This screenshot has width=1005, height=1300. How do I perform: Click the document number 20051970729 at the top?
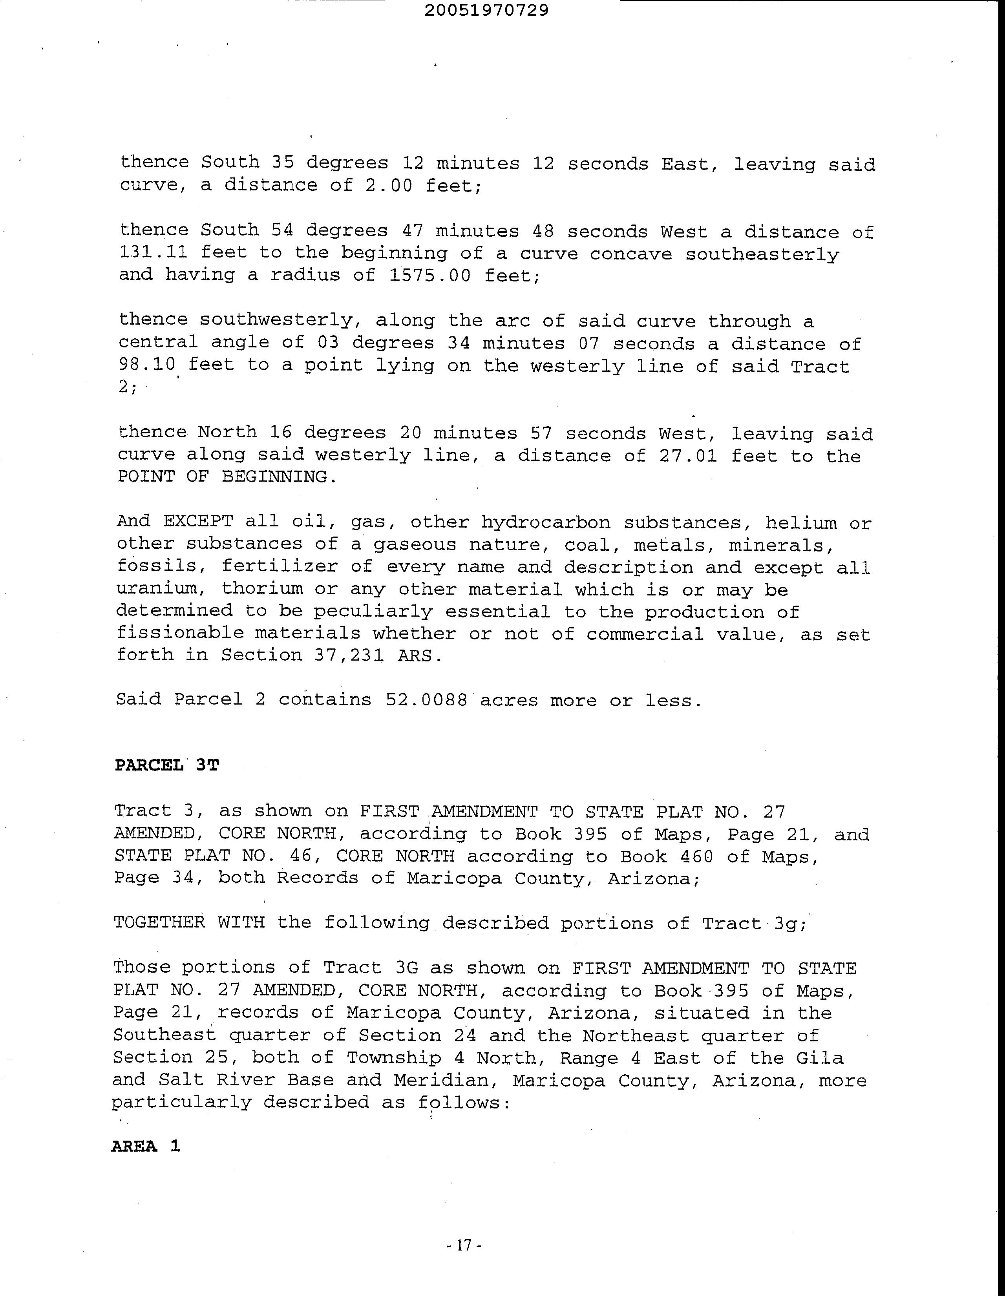(x=486, y=10)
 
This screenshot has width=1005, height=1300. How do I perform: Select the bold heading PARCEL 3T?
(x=167, y=765)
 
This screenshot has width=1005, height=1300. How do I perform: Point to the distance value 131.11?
(x=153, y=252)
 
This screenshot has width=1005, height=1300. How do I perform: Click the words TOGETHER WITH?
(x=189, y=923)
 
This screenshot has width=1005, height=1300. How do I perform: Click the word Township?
(x=393, y=1058)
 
